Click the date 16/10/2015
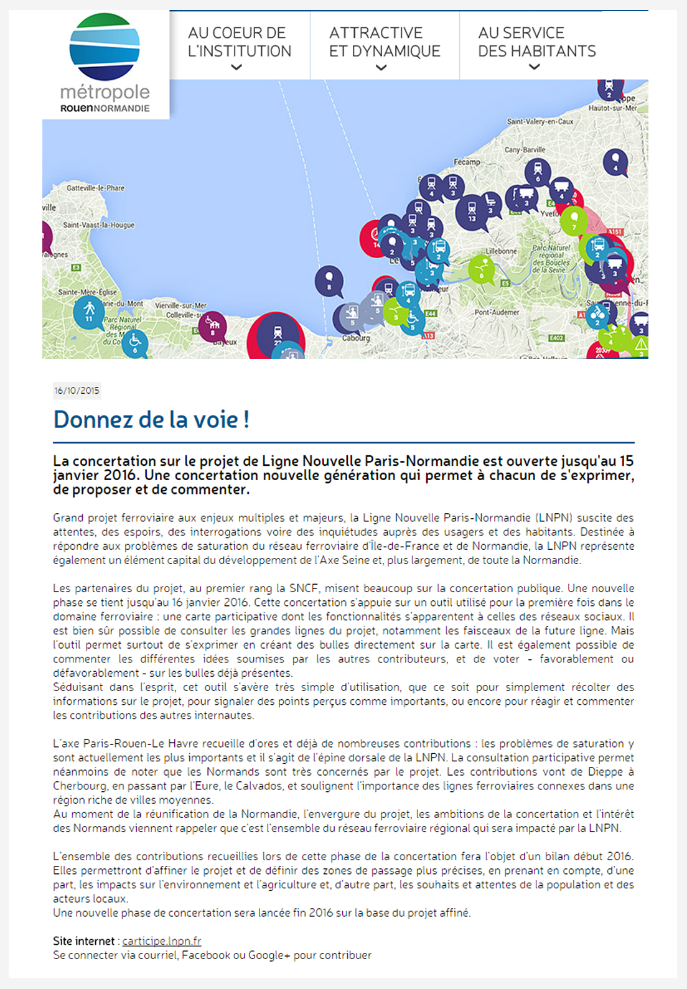(x=77, y=391)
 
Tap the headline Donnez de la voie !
(x=151, y=420)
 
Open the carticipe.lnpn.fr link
(x=162, y=941)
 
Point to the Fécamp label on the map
(x=467, y=162)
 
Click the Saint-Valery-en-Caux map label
(x=540, y=121)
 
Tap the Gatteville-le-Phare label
(x=95, y=188)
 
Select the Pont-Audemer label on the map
(x=497, y=312)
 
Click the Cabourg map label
(x=356, y=338)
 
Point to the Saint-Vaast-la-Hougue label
(x=98, y=225)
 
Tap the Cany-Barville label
(x=525, y=150)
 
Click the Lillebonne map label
(x=501, y=251)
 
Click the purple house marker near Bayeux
(x=213, y=325)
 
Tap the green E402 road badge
(x=556, y=338)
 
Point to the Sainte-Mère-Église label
(x=87, y=292)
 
